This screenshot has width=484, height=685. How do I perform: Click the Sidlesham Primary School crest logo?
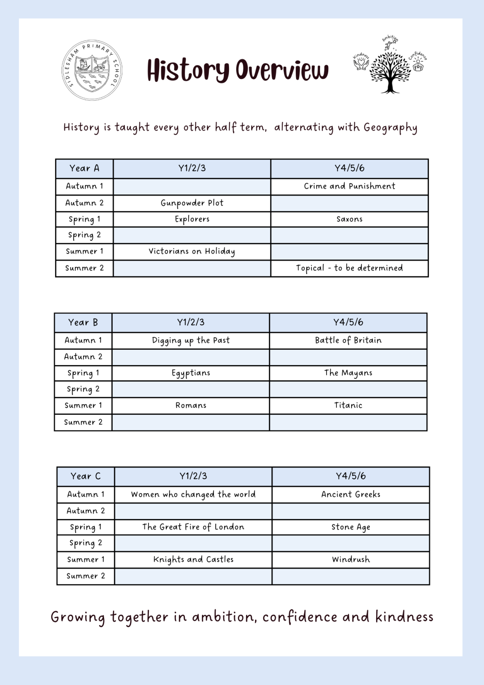point(92,70)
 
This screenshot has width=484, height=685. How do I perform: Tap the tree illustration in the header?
point(390,71)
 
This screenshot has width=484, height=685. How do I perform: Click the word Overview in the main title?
point(282,70)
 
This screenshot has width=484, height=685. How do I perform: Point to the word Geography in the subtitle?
point(390,128)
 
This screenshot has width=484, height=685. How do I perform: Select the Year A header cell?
point(84,169)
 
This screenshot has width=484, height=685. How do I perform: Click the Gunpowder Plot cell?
point(192,203)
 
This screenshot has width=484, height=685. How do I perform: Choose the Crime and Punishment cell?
point(349,186)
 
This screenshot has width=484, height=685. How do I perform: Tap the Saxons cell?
point(349,219)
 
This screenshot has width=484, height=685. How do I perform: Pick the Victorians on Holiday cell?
point(192,251)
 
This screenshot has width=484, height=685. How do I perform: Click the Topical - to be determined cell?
point(349,268)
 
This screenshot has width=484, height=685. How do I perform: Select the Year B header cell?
point(83,323)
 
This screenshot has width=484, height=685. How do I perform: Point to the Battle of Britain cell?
point(348,340)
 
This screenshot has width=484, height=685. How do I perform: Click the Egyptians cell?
point(191,373)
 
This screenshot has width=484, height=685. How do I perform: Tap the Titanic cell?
point(348,405)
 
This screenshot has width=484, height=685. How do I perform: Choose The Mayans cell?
point(348,373)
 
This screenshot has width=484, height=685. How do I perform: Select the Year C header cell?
point(86,477)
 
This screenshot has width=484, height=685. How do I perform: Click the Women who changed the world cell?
point(193,494)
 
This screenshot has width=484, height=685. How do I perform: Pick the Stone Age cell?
point(350,527)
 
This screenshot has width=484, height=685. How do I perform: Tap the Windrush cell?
point(350,560)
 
